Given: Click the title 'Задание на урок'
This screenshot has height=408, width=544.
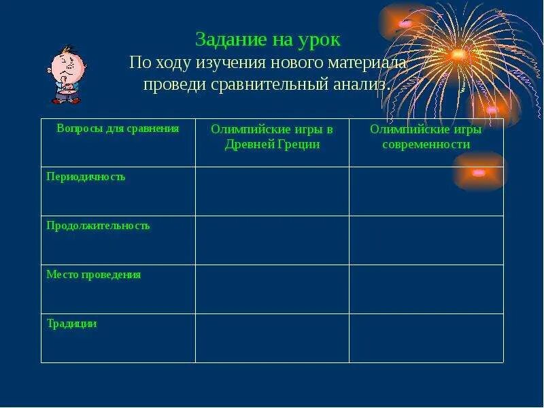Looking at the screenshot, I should [x=267, y=39].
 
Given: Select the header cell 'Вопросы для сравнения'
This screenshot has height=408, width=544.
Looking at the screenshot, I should [x=118, y=129].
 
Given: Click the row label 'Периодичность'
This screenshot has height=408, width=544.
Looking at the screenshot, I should [x=86, y=177].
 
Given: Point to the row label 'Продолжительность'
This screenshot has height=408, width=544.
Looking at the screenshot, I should [x=98, y=226].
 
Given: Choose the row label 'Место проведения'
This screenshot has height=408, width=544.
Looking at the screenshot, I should [x=93, y=275].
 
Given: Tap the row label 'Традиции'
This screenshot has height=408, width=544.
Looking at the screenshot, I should [x=71, y=324].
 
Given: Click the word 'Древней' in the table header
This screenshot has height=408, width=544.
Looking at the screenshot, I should [x=249, y=144].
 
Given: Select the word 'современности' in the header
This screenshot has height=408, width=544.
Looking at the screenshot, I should [x=426, y=144].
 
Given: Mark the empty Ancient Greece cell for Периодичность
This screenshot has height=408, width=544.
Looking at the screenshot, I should [x=272, y=191].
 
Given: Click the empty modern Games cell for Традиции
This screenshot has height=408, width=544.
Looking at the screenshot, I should [x=426, y=338].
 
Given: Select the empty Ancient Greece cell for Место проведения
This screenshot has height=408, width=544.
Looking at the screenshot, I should [x=272, y=289].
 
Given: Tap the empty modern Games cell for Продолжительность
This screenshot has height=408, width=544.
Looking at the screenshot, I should [x=426, y=240].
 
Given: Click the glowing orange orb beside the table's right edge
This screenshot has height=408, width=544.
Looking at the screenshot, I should [x=479, y=172].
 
